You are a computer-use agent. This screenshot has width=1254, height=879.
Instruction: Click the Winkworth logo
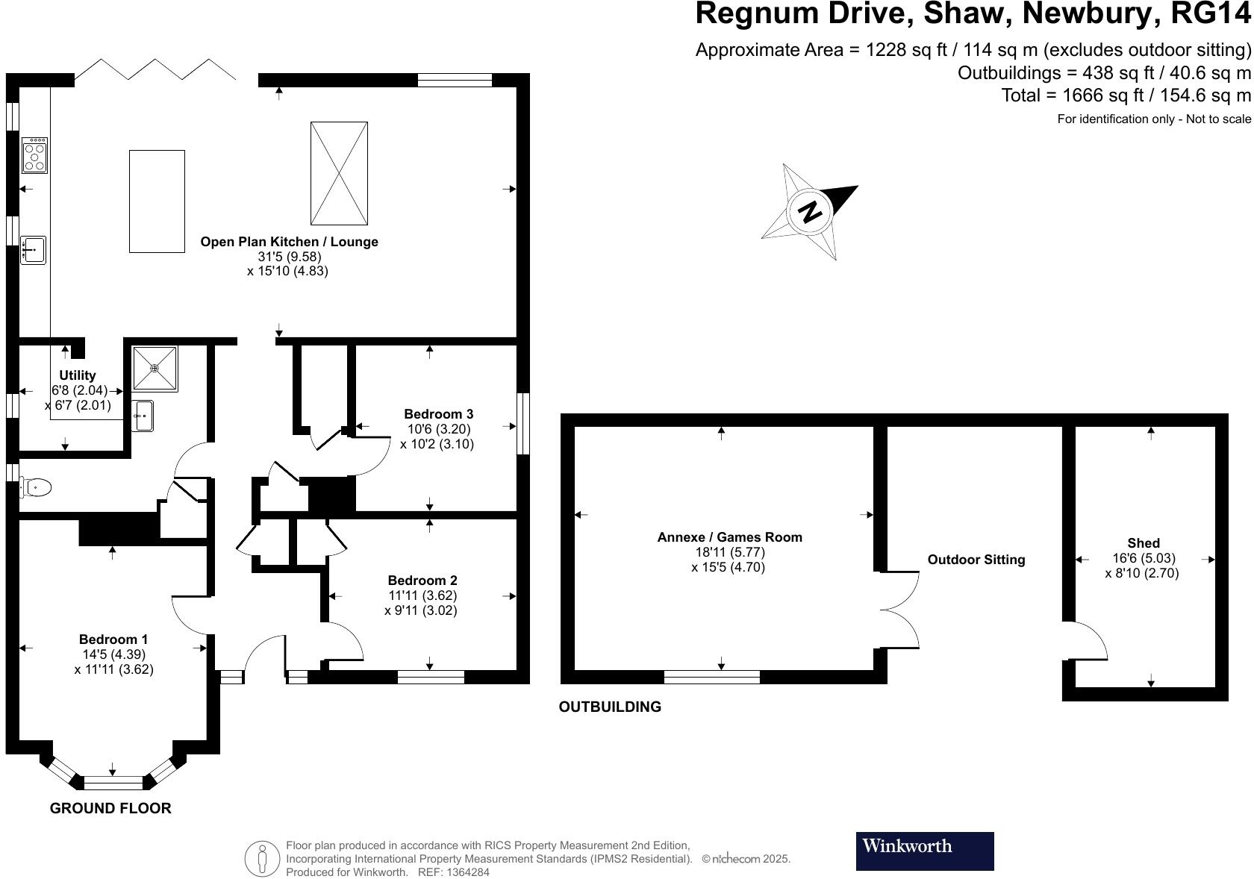924,851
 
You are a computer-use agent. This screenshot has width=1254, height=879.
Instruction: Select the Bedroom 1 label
113,639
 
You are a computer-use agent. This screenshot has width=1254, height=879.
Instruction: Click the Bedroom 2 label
422,580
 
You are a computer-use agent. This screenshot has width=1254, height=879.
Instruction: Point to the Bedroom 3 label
438,413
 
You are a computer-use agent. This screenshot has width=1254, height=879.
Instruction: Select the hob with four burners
34,155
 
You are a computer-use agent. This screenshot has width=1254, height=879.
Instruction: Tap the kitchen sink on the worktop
33,250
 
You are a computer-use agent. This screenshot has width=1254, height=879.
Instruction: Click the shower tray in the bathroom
155,369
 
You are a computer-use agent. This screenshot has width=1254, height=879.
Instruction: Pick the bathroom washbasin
143,416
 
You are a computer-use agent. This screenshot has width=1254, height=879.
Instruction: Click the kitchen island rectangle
157,201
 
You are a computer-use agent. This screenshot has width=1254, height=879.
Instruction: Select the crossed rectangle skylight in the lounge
339,173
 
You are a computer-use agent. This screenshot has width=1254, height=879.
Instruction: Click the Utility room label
78,375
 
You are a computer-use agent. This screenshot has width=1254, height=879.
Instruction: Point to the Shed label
1144,543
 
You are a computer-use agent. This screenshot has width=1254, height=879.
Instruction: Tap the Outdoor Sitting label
976,560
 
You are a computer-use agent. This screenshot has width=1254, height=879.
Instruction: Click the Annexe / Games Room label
729,537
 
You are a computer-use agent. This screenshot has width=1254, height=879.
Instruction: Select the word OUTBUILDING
610,707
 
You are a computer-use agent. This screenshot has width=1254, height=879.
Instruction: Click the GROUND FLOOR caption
110,808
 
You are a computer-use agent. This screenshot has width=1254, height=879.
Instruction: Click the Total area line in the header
1126,96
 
